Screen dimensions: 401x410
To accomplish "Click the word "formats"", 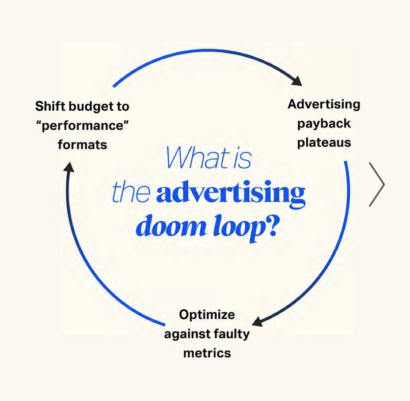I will [82, 144].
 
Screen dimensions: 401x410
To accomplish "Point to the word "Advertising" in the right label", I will [324, 104].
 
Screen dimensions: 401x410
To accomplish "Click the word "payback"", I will [324, 123].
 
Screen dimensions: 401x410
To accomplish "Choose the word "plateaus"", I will [324, 142].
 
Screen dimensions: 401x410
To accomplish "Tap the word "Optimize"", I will [207, 315].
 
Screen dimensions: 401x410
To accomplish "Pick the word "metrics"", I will [207, 353].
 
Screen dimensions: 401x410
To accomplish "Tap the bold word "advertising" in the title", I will [230, 194].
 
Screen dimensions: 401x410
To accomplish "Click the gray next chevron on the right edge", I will [377, 184].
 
